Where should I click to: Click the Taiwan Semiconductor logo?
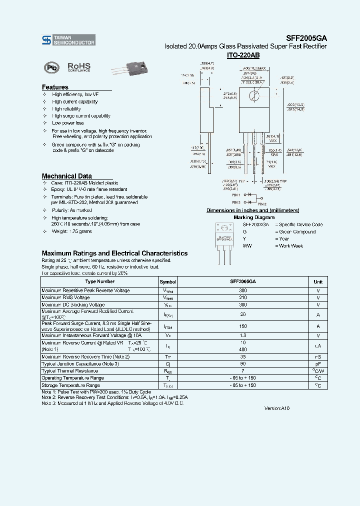coord(68,40)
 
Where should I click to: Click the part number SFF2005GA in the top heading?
coord(306,37)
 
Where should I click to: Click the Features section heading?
coord(55,87)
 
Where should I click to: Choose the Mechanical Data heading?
coord(66,176)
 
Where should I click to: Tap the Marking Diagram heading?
coord(254,217)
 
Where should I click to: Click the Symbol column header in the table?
coord(168,281)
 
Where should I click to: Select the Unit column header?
coord(318,281)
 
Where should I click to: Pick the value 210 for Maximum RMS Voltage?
coord(243,297)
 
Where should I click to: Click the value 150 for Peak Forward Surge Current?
coord(243,326)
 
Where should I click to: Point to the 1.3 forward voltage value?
coord(243,335)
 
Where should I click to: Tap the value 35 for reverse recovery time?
coord(243,356)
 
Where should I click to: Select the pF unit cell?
coord(318,363)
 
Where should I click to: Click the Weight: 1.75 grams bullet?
coord(71,231)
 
